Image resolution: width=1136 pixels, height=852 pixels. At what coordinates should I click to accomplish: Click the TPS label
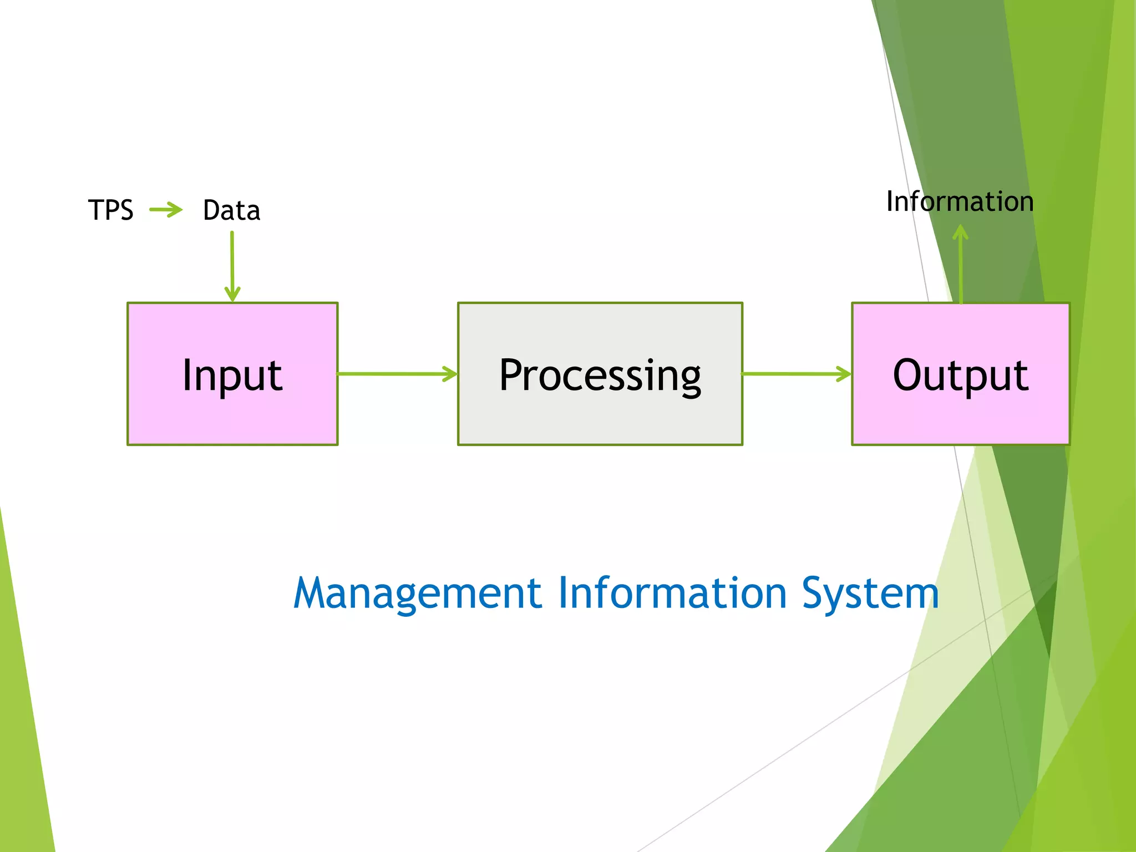[x=110, y=210]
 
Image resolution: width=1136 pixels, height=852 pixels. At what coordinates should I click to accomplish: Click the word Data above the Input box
[x=231, y=210]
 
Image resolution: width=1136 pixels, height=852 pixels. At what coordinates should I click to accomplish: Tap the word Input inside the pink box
[x=232, y=376]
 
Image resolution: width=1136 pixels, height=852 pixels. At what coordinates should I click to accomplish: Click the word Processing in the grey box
[x=600, y=376]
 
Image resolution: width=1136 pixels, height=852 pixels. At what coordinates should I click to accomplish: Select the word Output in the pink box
[x=960, y=376]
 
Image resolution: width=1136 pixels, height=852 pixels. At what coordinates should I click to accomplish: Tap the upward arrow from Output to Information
[x=961, y=266]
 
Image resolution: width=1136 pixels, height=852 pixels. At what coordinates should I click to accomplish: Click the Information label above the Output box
[x=960, y=201]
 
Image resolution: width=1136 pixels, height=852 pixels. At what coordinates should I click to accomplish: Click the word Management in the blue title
[x=417, y=593]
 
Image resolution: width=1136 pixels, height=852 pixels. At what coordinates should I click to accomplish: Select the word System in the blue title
[x=870, y=593]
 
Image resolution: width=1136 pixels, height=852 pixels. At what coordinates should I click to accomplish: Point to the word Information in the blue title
[x=672, y=593]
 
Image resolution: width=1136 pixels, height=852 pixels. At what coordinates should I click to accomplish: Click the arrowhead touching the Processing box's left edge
[x=450, y=374]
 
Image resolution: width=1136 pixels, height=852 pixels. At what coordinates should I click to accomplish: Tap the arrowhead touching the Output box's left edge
[x=845, y=374]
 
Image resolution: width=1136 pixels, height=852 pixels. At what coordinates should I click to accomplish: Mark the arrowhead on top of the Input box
[x=232, y=295]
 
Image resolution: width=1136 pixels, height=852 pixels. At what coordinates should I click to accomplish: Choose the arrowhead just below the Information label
[x=960, y=232]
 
